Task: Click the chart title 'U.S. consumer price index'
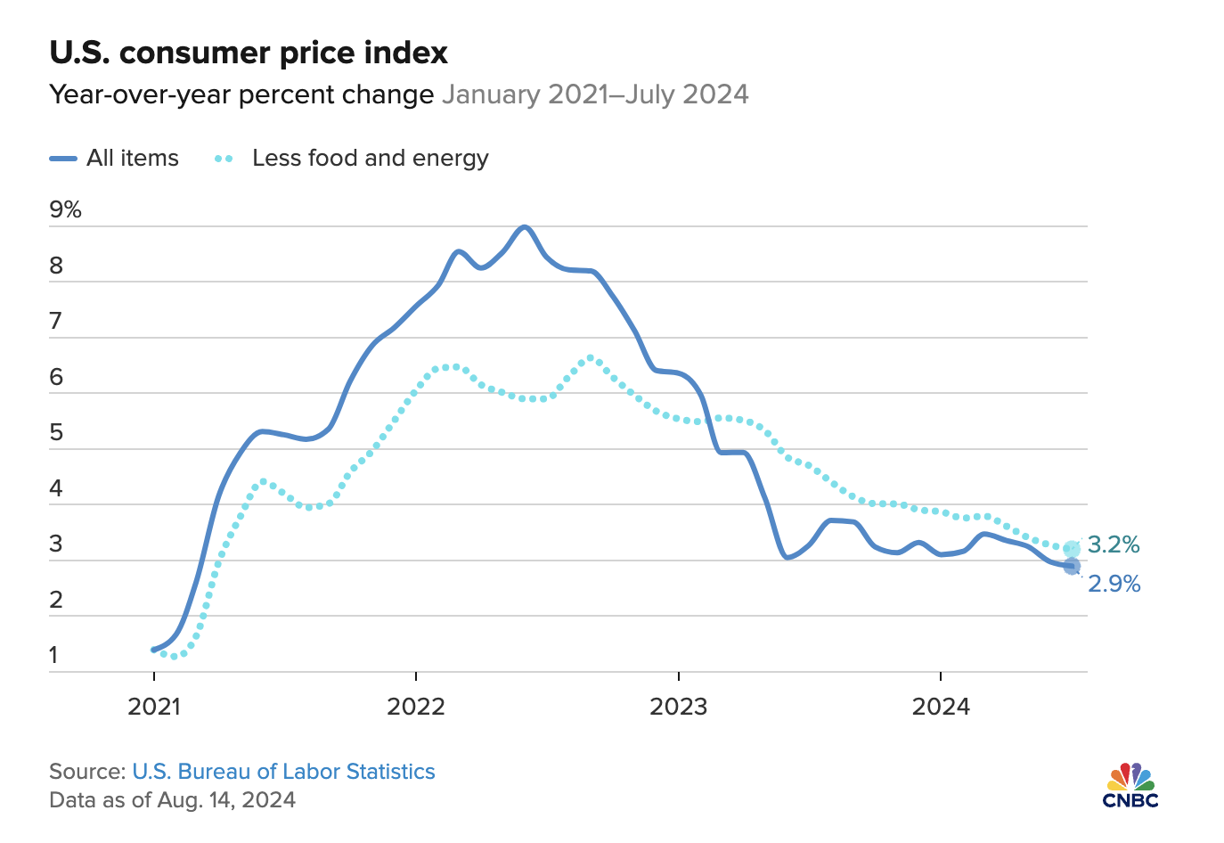coord(249,53)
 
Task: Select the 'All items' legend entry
coord(115,159)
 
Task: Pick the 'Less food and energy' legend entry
coord(352,159)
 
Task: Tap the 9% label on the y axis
coord(66,209)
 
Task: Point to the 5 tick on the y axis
coord(57,433)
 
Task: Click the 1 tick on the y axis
coord(53,655)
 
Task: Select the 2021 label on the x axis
coord(154,707)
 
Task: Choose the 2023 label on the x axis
coord(678,707)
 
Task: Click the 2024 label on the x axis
coord(941,707)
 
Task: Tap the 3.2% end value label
coord(1114,544)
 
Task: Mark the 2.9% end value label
coord(1114,584)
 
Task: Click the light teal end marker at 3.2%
coord(1072,549)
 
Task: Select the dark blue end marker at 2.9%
coord(1072,566)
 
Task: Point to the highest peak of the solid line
coord(525,227)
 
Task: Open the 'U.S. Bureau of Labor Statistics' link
coord(283,772)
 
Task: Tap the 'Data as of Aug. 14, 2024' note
coord(172,799)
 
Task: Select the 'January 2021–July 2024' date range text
coord(595,94)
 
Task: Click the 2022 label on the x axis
coord(416,707)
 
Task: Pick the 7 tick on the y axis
coord(57,322)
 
